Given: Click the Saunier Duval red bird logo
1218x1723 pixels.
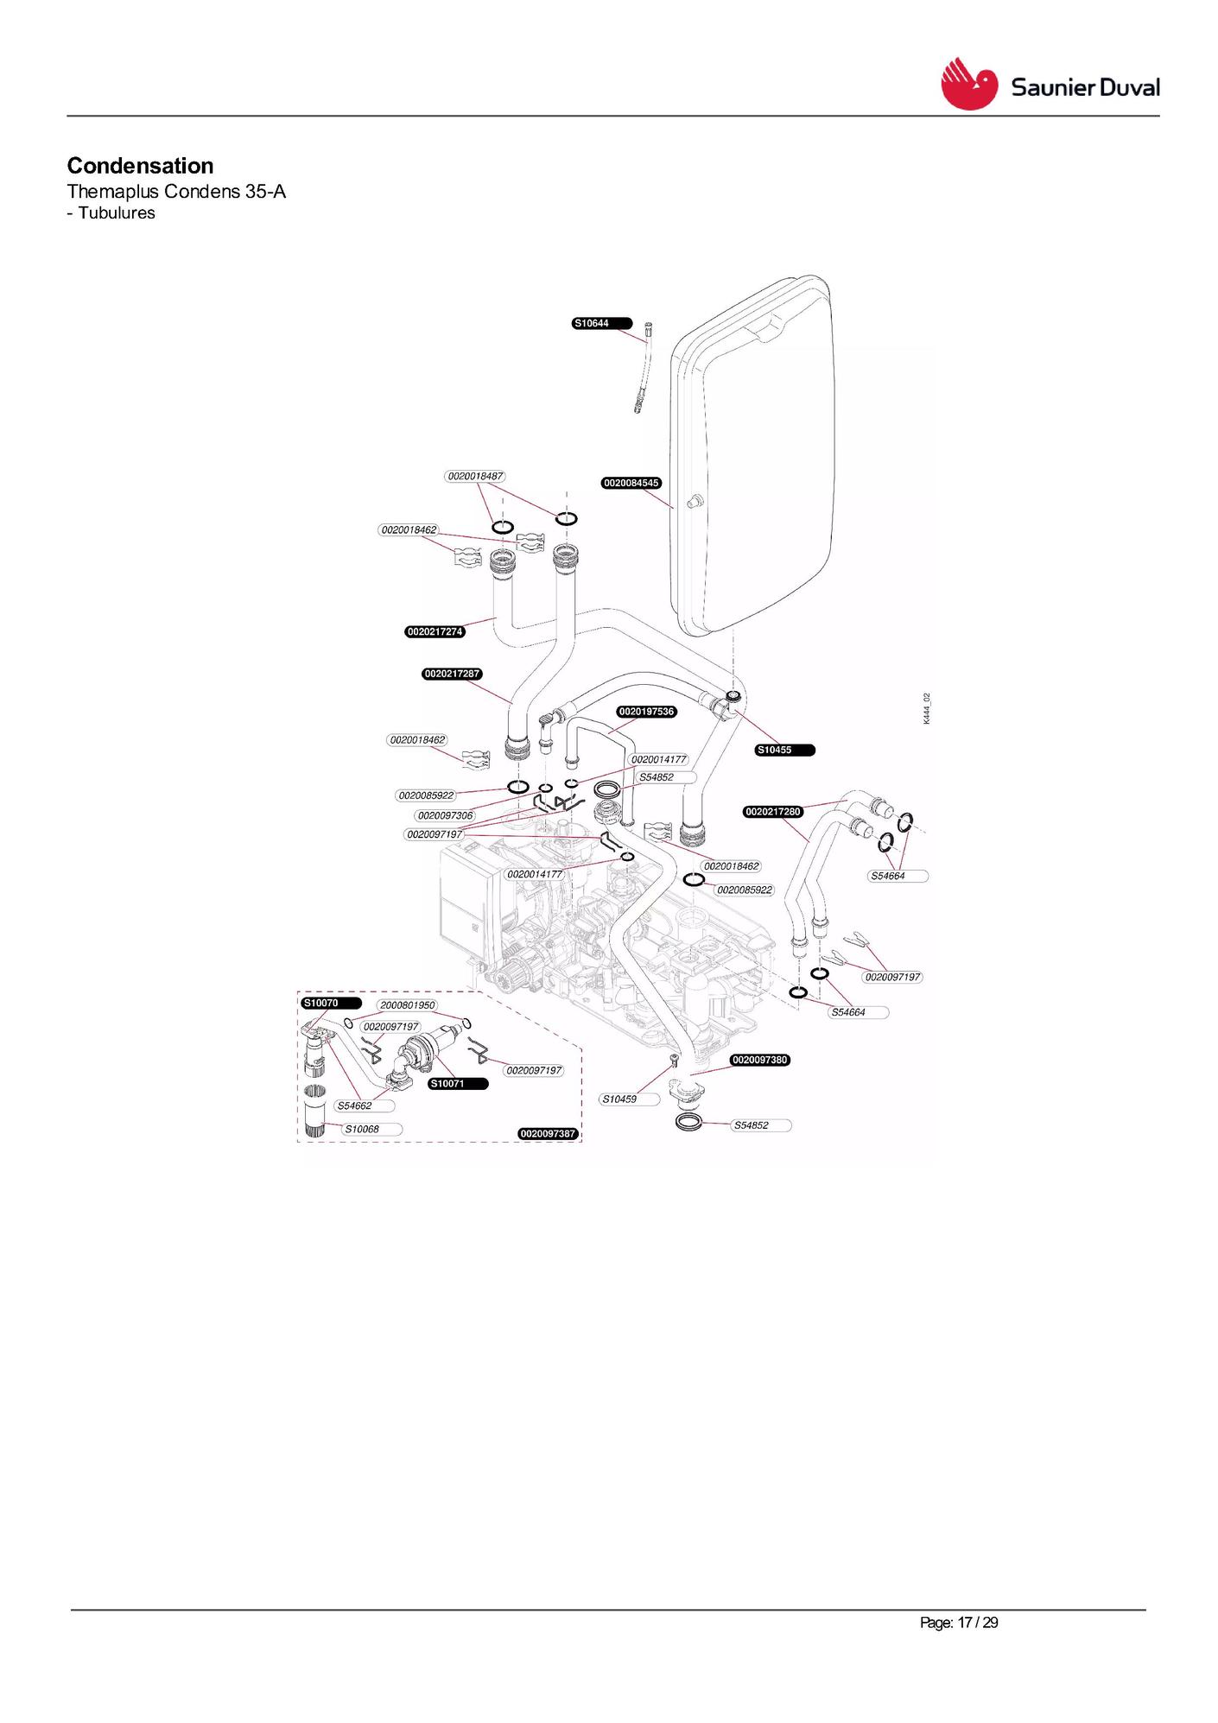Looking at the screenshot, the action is pyautogui.click(x=969, y=84).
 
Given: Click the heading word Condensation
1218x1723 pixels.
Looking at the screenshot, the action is pyautogui.click(x=140, y=166).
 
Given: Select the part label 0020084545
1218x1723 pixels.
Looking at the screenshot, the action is pyautogui.click(x=631, y=483).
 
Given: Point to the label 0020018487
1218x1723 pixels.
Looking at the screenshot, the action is pyautogui.click(x=475, y=476).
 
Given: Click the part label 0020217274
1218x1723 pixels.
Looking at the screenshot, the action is pyautogui.click(x=435, y=631).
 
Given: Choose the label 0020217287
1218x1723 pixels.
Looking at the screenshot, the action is pyautogui.click(x=453, y=674).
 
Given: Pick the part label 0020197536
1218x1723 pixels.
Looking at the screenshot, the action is pyautogui.click(x=647, y=712).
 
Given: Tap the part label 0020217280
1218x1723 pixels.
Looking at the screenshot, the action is pyautogui.click(x=773, y=812).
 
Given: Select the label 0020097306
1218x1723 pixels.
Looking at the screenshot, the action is pyautogui.click(x=445, y=815).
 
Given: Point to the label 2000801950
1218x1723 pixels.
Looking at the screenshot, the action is pyautogui.click(x=408, y=1005).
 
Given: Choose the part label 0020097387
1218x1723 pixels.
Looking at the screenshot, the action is pyautogui.click(x=548, y=1133).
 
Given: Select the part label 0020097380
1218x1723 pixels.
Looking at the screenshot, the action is pyautogui.click(x=760, y=1060).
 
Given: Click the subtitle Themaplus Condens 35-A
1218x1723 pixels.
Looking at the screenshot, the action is pyautogui.click(x=176, y=192).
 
